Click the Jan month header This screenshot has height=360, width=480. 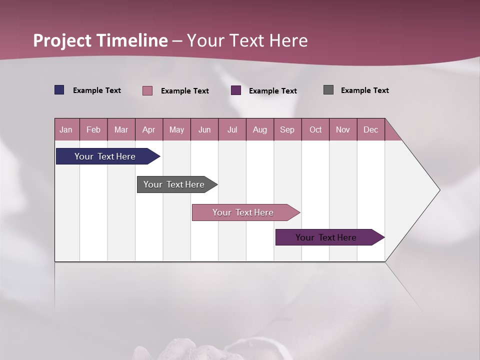pos(66,129)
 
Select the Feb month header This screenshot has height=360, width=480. pos(93,129)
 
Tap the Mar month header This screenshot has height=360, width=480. pos(121,129)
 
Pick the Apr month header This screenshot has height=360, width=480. pos(149,129)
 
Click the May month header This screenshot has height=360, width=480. pos(176,129)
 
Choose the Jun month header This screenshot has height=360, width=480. pos(204,129)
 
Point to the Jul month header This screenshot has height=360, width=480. pos(232,129)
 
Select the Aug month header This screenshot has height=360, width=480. pos(260,129)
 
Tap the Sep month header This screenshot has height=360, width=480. pos(287,129)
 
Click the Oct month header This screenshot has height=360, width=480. pos(315,129)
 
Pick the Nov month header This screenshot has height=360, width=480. pos(343,129)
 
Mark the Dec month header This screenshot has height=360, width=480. pos(371,129)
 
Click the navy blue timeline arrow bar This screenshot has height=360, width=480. pos(105,156)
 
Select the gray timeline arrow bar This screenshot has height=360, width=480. pos(174,184)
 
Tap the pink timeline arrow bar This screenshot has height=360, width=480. pos(243,212)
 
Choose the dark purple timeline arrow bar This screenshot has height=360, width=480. pos(326,237)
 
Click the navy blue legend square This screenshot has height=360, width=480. pos(59,90)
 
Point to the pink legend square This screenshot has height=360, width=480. pos(147,90)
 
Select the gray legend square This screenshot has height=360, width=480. pos(328,90)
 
